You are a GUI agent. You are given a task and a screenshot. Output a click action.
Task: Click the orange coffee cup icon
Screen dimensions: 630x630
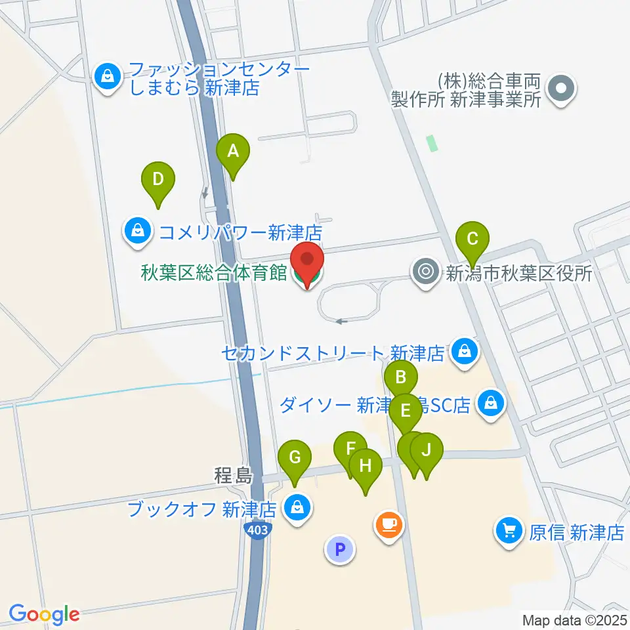[389, 525]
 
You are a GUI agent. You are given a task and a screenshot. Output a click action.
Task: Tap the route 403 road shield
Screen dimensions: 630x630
[259, 530]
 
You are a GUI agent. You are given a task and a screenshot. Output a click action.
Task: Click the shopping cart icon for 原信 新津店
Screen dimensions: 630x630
[509, 531]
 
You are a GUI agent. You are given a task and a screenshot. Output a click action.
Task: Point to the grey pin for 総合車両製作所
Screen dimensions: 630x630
[561, 90]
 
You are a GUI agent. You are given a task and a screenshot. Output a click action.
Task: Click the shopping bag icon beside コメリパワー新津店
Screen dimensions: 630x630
[138, 231]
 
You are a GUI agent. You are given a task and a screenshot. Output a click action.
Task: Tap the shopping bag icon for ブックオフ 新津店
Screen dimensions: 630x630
[298, 508]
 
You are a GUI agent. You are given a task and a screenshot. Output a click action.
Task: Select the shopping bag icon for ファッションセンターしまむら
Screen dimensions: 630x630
[106, 77]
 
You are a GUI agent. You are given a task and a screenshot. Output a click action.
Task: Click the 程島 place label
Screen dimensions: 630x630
[232, 474]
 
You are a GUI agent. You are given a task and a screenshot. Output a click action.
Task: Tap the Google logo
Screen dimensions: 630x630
[44, 614]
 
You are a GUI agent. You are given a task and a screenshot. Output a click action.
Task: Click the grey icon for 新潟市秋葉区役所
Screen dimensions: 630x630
[427, 271]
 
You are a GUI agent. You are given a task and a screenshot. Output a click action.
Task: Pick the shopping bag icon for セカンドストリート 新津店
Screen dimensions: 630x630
[465, 353]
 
